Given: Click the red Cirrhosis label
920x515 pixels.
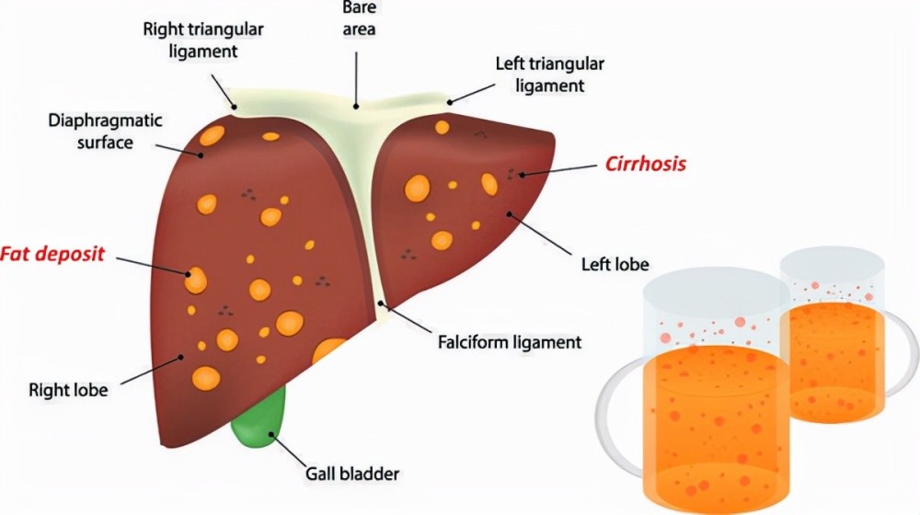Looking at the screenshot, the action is pos(646,163).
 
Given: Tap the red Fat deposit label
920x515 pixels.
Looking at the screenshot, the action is pos(52,254).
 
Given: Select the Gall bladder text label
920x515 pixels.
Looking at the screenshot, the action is pos(352,474).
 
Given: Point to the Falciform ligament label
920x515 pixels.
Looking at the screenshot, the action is pos(510,341).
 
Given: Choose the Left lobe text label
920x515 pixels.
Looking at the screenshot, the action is pos(615,265).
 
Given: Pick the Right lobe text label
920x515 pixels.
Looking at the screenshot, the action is pos(68,390).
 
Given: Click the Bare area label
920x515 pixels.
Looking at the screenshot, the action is pos(359,17).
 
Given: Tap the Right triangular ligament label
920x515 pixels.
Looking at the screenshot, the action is pos(203,40).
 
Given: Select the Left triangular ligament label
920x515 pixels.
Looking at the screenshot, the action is pos(550,74).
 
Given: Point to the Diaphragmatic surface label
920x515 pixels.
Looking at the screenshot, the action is pos(105,132).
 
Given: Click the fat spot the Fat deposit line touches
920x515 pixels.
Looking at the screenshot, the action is pos(195,280).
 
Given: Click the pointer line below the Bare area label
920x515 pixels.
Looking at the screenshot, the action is pos(356,79).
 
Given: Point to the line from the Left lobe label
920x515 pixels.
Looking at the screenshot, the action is pos(540,234).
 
